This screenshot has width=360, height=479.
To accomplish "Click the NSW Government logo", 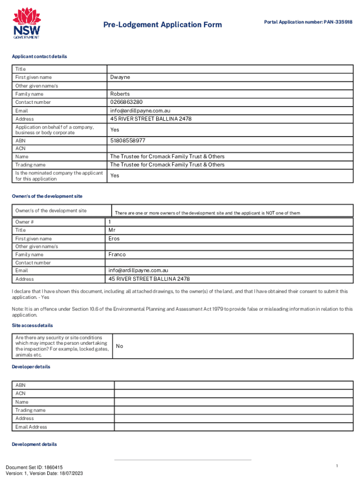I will (x=26, y=24).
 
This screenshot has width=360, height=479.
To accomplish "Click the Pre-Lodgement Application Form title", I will (x=163, y=25).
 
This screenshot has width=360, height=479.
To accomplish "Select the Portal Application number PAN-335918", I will (x=308, y=22).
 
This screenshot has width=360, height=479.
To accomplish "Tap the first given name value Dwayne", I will (x=120, y=77).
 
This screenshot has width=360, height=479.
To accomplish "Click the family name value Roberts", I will (x=120, y=94).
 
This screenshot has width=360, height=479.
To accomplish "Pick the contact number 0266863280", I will (x=126, y=102).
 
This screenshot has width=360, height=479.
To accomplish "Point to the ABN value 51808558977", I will (x=128, y=140).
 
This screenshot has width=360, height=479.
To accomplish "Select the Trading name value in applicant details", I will (x=167, y=165).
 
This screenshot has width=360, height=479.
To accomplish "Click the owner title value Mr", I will (x=112, y=230).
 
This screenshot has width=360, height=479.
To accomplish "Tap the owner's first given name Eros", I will (x=114, y=239).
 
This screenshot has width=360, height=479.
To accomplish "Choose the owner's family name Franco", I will (x=117, y=254).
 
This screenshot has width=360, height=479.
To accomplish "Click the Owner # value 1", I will (x=110, y=222).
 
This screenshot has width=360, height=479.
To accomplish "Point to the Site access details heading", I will (x=32, y=325).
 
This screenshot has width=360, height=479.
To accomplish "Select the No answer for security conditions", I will (x=120, y=346).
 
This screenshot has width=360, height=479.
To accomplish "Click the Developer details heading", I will (x=31, y=367).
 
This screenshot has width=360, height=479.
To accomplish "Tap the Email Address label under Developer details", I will (x=31, y=427).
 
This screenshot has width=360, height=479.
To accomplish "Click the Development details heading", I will (x=34, y=444).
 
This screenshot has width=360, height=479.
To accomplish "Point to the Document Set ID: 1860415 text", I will (x=34, y=467).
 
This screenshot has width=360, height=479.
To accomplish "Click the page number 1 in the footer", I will (x=337, y=466).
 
